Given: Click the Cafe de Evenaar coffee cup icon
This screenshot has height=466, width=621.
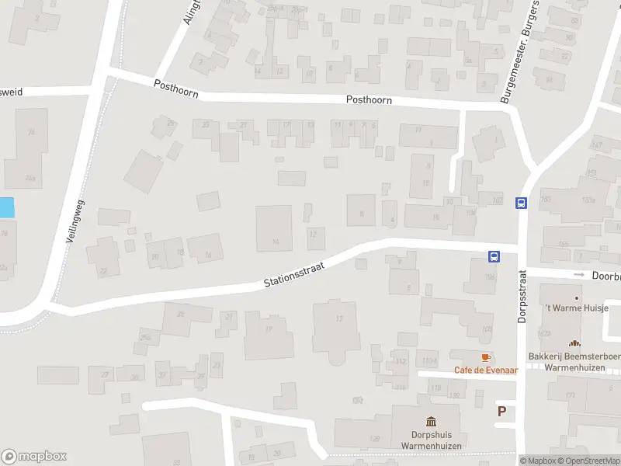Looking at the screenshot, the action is tap(486, 356).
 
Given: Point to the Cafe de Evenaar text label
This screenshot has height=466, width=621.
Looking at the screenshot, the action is tap(486, 370).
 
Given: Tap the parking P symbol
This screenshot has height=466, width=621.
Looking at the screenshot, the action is tap(501, 412).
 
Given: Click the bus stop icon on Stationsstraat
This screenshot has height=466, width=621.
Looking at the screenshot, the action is tap(493, 256).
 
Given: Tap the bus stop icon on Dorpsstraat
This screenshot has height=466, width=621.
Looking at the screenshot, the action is tap(521, 203).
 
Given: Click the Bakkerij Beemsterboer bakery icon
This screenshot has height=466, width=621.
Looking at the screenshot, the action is tap(575, 343).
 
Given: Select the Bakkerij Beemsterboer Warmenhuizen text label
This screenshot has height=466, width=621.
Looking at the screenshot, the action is tap(575, 361).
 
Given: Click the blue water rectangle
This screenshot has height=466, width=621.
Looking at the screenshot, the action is tap(6, 207).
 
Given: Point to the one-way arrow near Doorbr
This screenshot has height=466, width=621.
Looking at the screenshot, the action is tap(578, 274).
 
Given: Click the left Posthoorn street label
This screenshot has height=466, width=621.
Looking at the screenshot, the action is tap(176, 89).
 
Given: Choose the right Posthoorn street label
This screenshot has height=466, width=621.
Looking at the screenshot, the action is tap(369, 100).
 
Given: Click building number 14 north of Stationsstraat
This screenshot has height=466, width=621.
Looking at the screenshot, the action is tap(275, 242).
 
